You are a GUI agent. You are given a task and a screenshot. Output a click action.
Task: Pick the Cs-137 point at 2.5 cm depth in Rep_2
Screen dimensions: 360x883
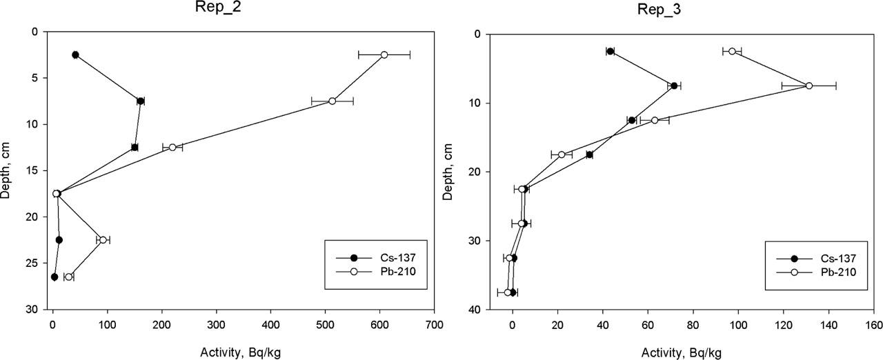click(75, 54)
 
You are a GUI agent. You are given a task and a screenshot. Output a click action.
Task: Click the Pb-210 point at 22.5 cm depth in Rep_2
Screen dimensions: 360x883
click(103, 240)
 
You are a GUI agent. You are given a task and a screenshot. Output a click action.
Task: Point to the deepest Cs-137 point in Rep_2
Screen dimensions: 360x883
click(54, 277)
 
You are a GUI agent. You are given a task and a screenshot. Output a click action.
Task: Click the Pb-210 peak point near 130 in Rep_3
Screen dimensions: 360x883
click(809, 86)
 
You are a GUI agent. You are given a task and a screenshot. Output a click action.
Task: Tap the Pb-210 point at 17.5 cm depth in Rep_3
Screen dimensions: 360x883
click(562, 154)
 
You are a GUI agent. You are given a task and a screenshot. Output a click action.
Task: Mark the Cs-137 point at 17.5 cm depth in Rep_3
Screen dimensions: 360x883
click(589, 154)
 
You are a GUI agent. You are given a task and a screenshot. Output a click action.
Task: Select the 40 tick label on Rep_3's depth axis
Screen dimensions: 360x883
click(470, 310)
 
